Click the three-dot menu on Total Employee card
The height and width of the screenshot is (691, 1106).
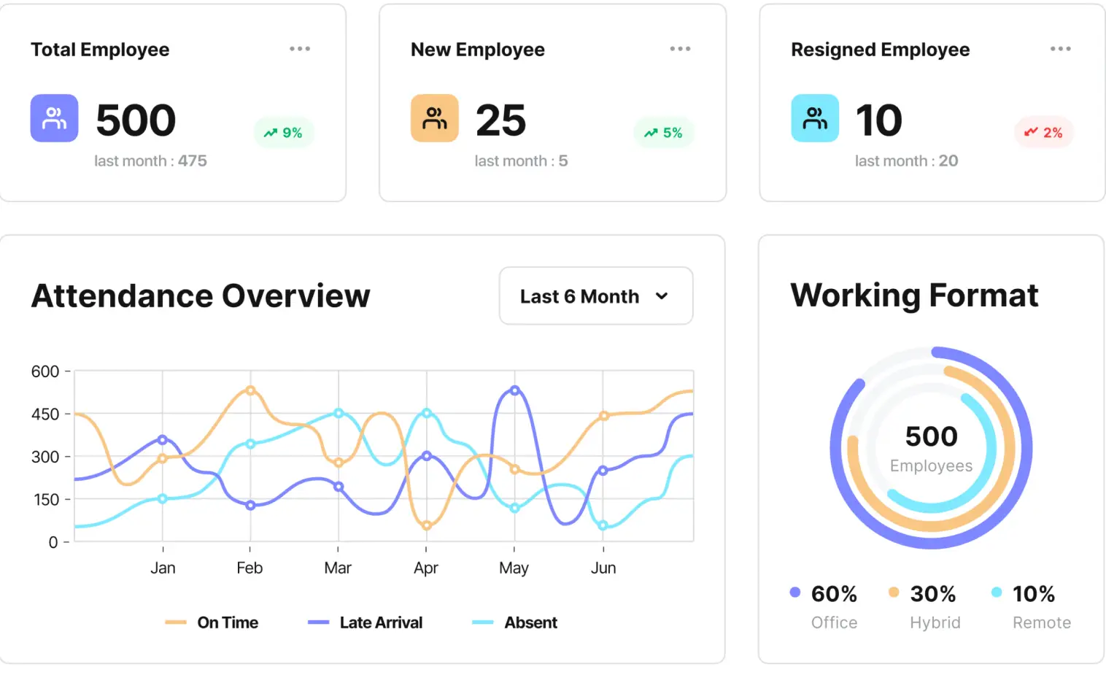[x=300, y=49]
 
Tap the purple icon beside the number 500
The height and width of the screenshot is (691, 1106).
[x=54, y=118]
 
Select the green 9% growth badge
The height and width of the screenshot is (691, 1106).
[x=284, y=133]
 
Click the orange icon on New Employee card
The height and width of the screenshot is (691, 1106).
[x=434, y=118]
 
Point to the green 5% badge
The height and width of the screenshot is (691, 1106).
[x=664, y=133]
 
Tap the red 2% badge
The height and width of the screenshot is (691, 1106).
[x=1044, y=133]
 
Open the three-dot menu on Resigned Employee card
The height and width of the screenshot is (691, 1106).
[x=1060, y=49]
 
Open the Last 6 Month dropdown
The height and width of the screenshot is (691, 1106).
[x=595, y=296]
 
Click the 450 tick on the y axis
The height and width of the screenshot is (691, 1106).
[x=45, y=414]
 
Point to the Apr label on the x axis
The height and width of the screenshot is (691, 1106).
[x=426, y=568]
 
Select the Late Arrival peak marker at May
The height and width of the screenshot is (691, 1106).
[x=515, y=390]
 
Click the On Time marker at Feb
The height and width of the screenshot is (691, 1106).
[x=250, y=390]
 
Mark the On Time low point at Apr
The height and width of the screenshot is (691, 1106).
[x=427, y=525]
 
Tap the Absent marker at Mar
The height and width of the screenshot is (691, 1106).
[x=339, y=413]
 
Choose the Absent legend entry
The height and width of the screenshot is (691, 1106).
[x=515, y=622]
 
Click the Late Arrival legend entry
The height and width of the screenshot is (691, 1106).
[x=366, y=622]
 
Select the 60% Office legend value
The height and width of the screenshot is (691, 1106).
[x=834, y=594]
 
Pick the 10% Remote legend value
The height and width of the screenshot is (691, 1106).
[x=1033, y=594]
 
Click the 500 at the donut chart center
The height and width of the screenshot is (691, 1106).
[x=931, y=436]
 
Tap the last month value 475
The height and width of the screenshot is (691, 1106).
[x=193, y=161]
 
